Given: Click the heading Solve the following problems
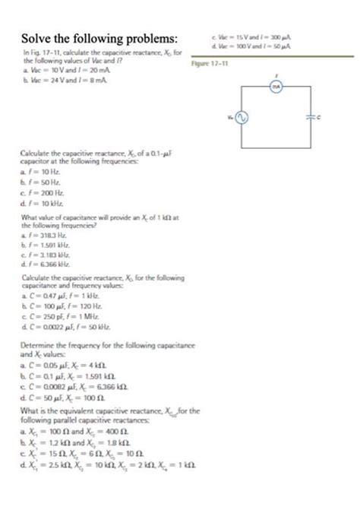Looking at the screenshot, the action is click(x=101, y=38).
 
